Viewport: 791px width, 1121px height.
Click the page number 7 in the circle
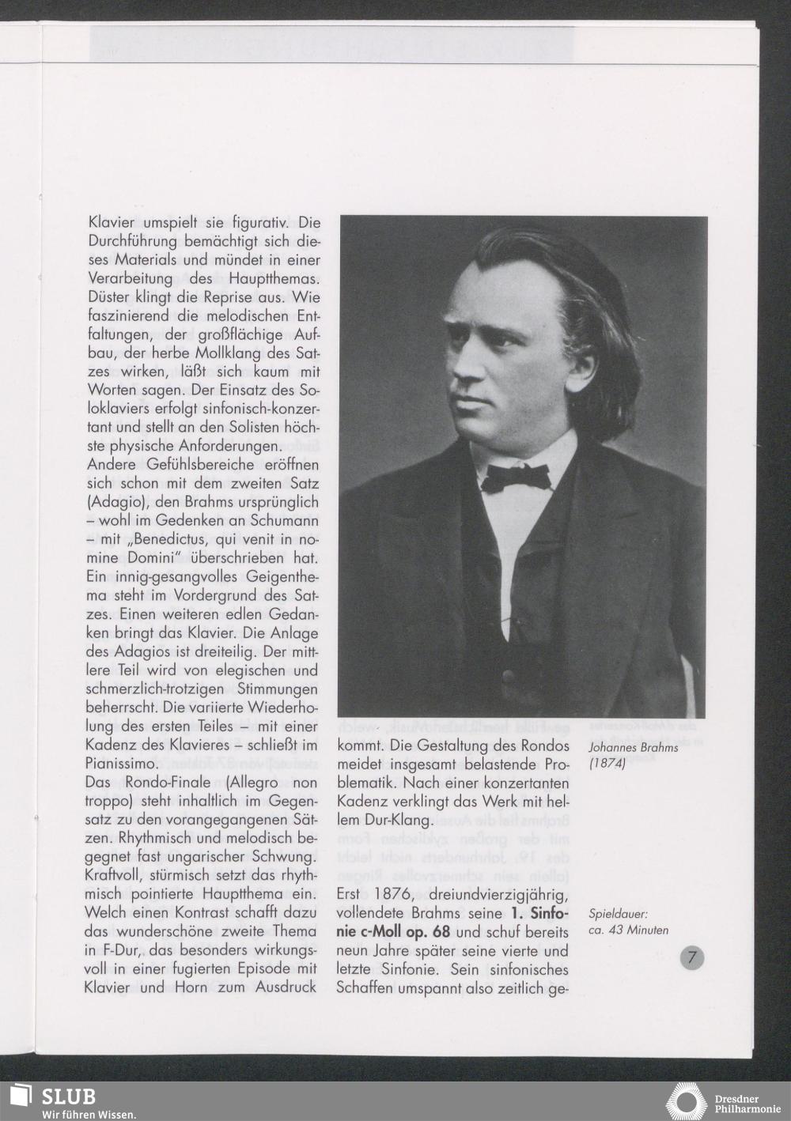[x=691, y=958]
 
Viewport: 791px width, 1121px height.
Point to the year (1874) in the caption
[x=608, y=764]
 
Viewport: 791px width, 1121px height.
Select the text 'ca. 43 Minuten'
[x=629, y=930]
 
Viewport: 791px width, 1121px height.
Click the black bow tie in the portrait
[x=517, y=476]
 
